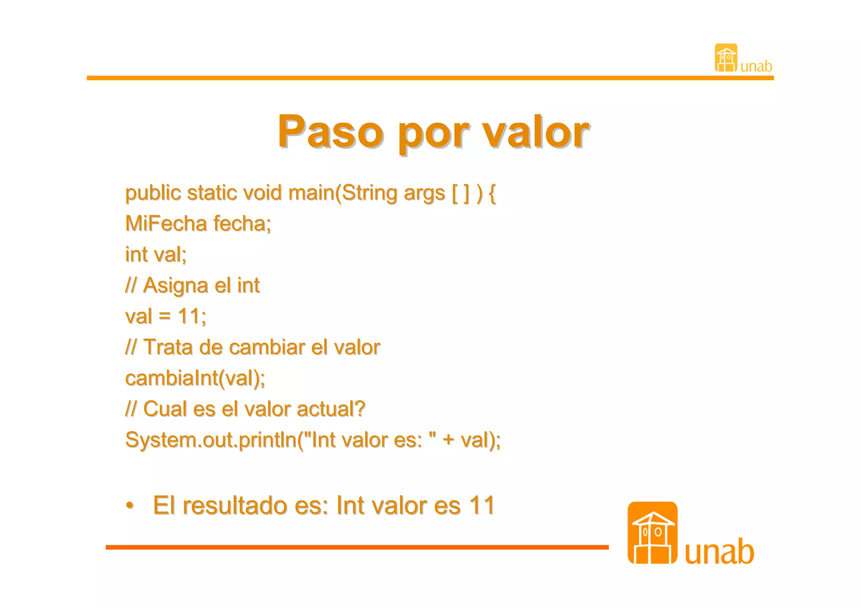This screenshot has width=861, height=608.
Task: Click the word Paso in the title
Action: click(x=330, y=131)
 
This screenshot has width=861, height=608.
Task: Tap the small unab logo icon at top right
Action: click(x=726, y=58)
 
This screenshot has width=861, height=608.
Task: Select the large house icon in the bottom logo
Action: click(x=652, y=533)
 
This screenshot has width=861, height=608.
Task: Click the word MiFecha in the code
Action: click(x=166, y=223)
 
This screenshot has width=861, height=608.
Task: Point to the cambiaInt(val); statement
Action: click(x=195, y=378)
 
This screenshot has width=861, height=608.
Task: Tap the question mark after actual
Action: click(x=360, y=409)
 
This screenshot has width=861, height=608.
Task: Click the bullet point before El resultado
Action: click(x=130, y=505)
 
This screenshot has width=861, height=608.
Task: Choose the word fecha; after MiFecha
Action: click(x=242, y=223)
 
